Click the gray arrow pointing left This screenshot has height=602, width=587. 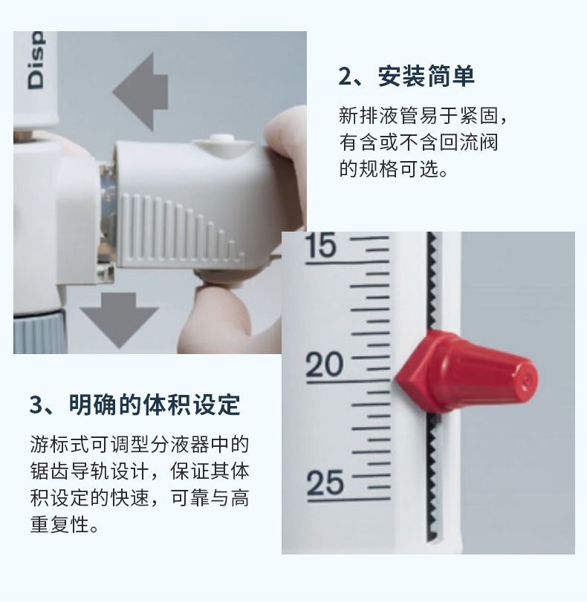pos(141,92)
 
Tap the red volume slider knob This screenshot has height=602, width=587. pos(467,372)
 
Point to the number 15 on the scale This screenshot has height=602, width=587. pos(322,245)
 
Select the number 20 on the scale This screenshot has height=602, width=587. pos(324,364)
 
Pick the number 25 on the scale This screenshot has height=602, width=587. pos(325,482)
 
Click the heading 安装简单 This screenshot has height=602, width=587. pos(427,76)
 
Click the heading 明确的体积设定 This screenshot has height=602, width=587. pos(155,405)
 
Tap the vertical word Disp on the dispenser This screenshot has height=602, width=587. pos(36,60)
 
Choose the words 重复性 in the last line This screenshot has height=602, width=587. pos(59,524)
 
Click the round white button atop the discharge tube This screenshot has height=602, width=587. pos(220,138)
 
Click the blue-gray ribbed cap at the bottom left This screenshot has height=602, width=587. pos(38,333)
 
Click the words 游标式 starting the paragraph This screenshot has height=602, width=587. pos(59,445)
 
